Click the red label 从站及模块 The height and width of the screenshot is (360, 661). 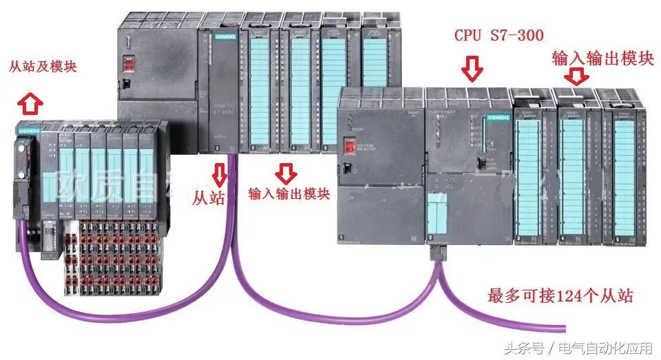coord(42,67)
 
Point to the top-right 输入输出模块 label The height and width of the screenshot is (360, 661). coord(602,59)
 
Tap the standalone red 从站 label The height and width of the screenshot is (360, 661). coord(209,198)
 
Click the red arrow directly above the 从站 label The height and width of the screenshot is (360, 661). coord(220,174)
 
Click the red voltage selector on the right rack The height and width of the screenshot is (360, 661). coord(349,147)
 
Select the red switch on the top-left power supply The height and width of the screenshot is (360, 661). coord(128,64)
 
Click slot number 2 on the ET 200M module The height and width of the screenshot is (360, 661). coord(217,148)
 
